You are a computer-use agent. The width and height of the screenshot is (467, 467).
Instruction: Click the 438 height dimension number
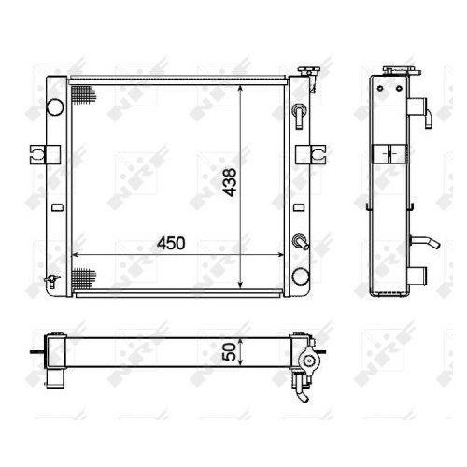point(231,182)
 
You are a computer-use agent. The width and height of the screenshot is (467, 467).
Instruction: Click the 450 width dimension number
point(171,243)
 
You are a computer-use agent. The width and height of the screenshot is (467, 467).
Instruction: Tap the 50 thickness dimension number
point(231,352)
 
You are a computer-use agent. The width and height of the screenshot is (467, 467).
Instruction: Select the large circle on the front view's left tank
point(55,106)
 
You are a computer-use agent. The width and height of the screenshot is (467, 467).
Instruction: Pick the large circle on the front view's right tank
point(301,276)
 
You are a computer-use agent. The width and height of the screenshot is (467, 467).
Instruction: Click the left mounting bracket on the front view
point(45,154)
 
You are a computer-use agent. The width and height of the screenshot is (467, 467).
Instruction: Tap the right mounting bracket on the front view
point(311,154)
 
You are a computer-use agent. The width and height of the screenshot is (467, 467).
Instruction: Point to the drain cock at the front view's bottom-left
point(52,280)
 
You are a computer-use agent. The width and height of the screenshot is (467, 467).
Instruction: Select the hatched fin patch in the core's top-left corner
point(83,94)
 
